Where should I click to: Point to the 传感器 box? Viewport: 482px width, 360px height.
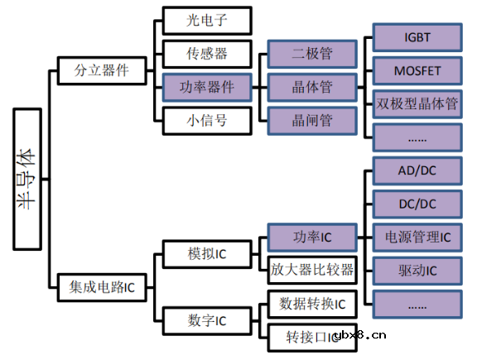pyautogui.click(x=206, y=54)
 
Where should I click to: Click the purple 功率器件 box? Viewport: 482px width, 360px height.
pyautogui.click(x=206, y=87)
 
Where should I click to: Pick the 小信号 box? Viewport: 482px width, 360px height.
pyautogui.click(x=206, y=120)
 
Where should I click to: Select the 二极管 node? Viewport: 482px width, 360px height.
pyautogui.click(x=311, y=54)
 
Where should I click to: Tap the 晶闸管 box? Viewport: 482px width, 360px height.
pyautogui.click(x=311, y=120)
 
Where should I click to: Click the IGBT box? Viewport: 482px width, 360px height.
pyautogui.click(x=417, y=37)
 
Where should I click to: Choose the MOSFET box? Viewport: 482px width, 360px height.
pyautogui.click(x=417, y=70)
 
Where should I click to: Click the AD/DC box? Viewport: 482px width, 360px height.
pyautogui.click(x=417, y=170)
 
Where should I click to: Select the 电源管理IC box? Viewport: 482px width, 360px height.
pyautogui.click(x=417, y=237)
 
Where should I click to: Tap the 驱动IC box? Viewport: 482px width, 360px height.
pyautogui.click(x=417, y=270)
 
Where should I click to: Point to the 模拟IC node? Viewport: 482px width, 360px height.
pyautogui.click(x=206, y=253)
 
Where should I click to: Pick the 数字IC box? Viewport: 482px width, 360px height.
pyautogui.click(x=206, y=319)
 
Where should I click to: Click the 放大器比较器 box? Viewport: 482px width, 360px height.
pyautogui.click(x=311, y=270)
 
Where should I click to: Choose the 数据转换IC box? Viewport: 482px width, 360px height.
pyautogui.click(x=311, y=303)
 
